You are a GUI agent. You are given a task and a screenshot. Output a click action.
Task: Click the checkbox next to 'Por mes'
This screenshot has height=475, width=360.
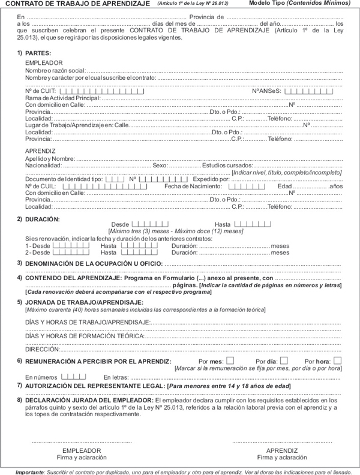point(230,360)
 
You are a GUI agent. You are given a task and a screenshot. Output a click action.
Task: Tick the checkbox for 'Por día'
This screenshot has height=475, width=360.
point(284,360)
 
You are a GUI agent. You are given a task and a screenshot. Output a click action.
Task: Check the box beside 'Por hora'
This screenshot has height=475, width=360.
point(337,360)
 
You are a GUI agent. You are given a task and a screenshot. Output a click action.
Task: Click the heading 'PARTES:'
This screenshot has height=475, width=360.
point(38,53)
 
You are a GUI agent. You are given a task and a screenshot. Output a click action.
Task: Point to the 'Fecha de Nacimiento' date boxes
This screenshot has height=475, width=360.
point(247,186)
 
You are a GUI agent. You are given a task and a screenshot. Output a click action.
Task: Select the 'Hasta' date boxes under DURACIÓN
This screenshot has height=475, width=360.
point(252,224)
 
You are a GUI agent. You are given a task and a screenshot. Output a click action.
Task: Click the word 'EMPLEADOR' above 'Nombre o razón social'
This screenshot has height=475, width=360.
point(43,62)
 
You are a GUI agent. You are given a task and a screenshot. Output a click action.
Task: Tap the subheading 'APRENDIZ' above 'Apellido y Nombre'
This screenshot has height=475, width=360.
point(40,151)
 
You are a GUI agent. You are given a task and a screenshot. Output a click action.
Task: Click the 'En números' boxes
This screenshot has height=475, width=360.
point(74,376)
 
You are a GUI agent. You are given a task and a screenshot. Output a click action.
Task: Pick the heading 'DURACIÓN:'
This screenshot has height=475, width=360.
point(43,220)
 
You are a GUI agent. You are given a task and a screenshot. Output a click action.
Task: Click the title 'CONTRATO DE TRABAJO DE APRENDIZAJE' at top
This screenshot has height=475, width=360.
point(77,4)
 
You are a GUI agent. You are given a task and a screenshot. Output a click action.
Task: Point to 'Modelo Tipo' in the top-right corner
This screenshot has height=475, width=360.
point(266,4)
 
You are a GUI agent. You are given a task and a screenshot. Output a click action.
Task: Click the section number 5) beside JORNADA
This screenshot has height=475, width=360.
point(20,302)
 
